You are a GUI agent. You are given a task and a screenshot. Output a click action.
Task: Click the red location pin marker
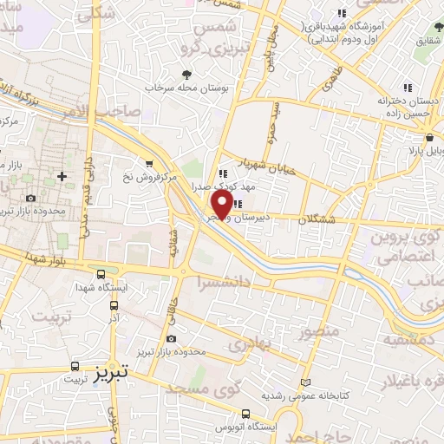[x=220, y=205]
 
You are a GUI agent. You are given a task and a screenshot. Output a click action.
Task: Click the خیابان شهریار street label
[x=275, y=168]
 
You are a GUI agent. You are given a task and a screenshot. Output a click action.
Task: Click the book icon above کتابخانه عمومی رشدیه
[x=303, y=382]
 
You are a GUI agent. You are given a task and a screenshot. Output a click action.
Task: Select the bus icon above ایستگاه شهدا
[x=101, y=272]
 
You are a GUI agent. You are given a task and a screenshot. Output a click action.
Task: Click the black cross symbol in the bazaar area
[x=62, y=176]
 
